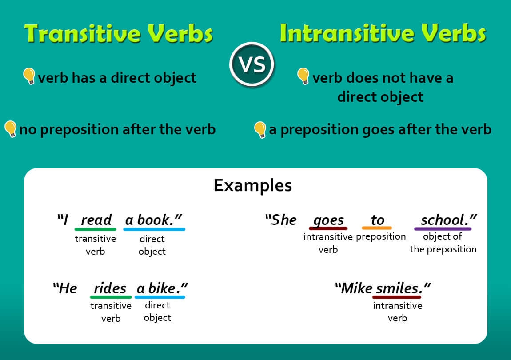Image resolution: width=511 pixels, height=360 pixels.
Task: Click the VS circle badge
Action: click(x=252, y=65)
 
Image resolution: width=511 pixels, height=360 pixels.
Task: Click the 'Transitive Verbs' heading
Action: click(x=119, y=34)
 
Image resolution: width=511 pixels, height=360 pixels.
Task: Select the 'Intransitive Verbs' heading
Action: click(x=383, y=34)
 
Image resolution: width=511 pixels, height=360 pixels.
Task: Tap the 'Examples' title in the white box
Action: click(x=253, y=185)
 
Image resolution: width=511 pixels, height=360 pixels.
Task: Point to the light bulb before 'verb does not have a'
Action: click(x=303, y=76)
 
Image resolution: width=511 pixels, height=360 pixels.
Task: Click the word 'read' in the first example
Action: click(x=96, y=220)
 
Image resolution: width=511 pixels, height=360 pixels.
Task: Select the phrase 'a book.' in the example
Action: click(x=153, y=220)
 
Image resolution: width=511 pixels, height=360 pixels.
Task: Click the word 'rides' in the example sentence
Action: click(x=110, y=288)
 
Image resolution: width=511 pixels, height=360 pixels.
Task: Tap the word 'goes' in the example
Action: click(x=328, y=220)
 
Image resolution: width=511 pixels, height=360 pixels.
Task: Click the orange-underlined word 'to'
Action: click(x=377, y=220)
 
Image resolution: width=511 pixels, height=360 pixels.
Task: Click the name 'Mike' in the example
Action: click(x=356, y=288)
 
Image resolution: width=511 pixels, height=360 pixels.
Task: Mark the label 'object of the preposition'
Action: click(x=443, y=243)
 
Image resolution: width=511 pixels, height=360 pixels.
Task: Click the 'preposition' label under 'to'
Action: click(x=381, y=237)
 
